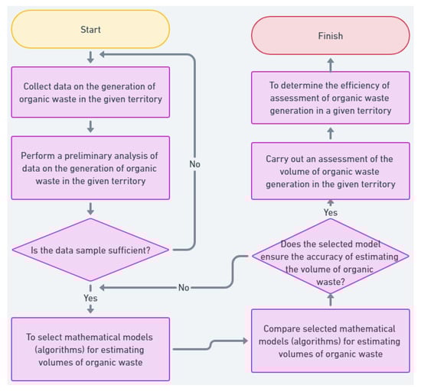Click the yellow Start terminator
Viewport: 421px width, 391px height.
91,28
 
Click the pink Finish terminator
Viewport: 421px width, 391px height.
330,35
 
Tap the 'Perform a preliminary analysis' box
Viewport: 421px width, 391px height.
91,165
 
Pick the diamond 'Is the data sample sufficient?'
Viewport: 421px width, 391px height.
91,248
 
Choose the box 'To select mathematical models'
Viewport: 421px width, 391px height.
91,348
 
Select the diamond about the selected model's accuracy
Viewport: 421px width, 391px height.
330,257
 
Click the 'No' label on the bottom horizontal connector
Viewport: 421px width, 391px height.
183,288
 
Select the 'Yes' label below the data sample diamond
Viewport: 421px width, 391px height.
91,297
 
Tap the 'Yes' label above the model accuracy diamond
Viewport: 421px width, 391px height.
330,212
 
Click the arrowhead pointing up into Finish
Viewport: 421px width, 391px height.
330,60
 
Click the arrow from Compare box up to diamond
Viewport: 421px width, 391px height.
330,300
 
